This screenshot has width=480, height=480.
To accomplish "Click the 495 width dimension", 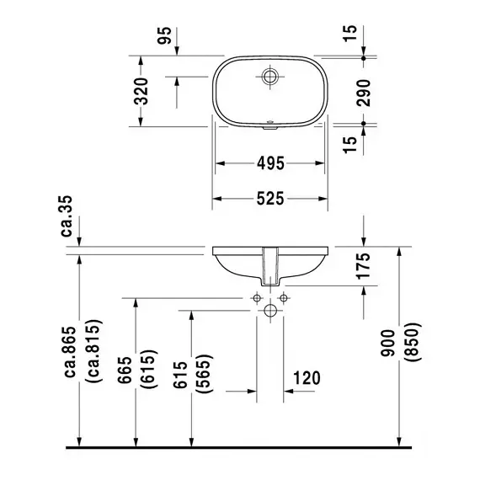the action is (x=270, y=163).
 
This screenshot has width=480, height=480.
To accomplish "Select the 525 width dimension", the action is (x=270, y=199).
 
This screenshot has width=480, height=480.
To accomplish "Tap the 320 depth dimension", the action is (x=141, y=91).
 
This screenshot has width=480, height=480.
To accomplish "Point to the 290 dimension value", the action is (x=364, y=93).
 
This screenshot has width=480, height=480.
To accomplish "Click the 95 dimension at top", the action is (x=165, y=35).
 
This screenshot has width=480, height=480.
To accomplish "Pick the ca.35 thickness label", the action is (x=67, y=216).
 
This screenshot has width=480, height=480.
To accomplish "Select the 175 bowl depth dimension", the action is (x=364, y=266).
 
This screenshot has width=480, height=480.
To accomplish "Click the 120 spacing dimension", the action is (x=307, y=378).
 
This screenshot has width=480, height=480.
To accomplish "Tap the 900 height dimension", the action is (x=388, y=344).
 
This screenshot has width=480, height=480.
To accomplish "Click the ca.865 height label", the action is (x=70, y=352).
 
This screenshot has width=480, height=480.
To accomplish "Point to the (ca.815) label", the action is (x=94, y=351).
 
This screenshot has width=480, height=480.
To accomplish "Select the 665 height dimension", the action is (x=125, y=370).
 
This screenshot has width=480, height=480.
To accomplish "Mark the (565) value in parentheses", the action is (x=205, y=374).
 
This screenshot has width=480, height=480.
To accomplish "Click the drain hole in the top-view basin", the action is (x=270, y=77).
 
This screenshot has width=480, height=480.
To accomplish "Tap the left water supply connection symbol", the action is (x=257, y=298).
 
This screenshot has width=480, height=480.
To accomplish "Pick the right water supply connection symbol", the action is (x=284, y=298).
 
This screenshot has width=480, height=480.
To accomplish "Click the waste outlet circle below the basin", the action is (x=270, y=311).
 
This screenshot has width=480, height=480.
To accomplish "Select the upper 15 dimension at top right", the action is (x=350, y=34).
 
